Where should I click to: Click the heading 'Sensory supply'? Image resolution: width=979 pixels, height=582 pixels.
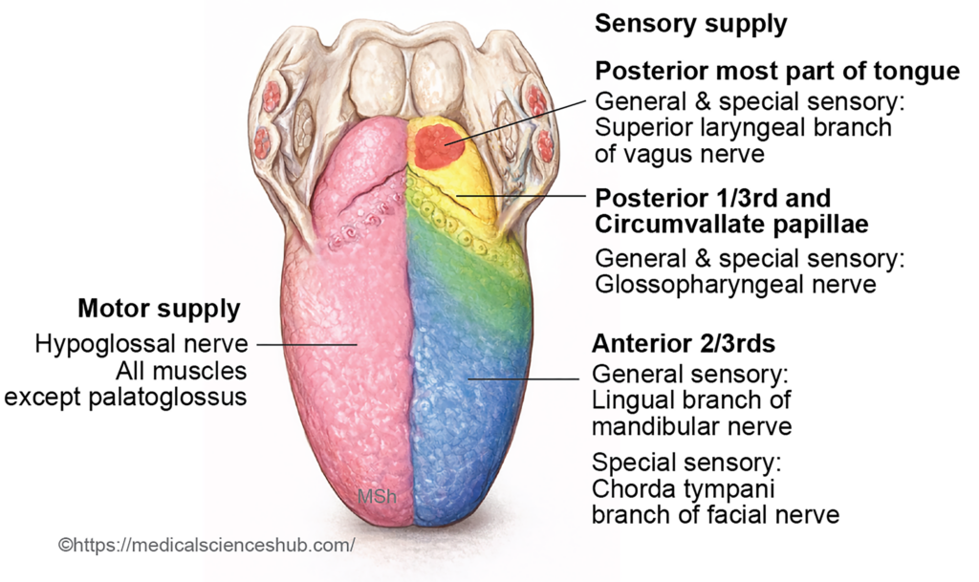click(690, 24)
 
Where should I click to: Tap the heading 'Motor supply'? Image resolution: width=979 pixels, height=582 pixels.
click(159, 309)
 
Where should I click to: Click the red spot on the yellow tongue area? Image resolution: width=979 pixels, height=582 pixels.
click(436, 145)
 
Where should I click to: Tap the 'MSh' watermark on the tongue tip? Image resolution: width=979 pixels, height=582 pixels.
click(371, 497)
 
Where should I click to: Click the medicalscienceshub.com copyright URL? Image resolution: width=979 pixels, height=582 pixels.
click(207, 545)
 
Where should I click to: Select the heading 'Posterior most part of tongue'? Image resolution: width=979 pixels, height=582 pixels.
click(776, 72)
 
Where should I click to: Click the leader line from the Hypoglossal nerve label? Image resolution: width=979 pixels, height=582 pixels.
click(306, 342)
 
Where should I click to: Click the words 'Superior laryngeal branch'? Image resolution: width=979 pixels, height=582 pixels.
click(741, 127)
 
